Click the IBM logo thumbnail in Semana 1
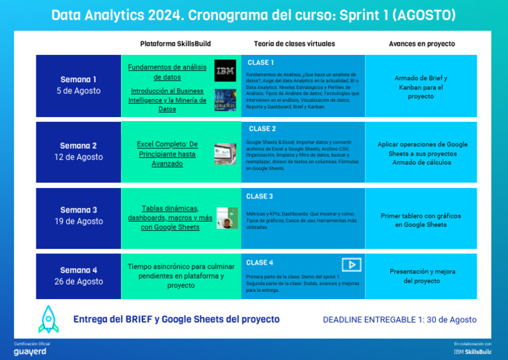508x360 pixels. pos(225,70)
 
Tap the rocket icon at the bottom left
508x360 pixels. pos(49,319)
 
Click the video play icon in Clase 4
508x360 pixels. pos(351,265)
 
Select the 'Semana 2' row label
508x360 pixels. pos(79,146)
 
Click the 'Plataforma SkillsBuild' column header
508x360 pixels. pos(175,44)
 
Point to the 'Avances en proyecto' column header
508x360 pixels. pos(421,44)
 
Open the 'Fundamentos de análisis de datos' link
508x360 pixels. pos(167,72)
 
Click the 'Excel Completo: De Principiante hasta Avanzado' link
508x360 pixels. pos(167,154)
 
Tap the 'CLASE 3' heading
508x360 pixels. pos(259,197)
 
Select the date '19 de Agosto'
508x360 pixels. pos(79,222)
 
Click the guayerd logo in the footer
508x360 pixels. pos(30,351)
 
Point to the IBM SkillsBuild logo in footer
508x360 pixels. pos(472,351)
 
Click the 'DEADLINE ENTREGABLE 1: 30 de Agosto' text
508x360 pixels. pos(400,320)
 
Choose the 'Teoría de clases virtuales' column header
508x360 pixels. pos(294,44)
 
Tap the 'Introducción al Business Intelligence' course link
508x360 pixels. pos(167,100)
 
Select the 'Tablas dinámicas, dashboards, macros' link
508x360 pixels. pos(170,218)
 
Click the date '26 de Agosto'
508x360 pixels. pos(79,281)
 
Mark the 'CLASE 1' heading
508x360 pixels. pos(261,62)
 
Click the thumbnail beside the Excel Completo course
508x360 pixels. pos(225,154)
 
